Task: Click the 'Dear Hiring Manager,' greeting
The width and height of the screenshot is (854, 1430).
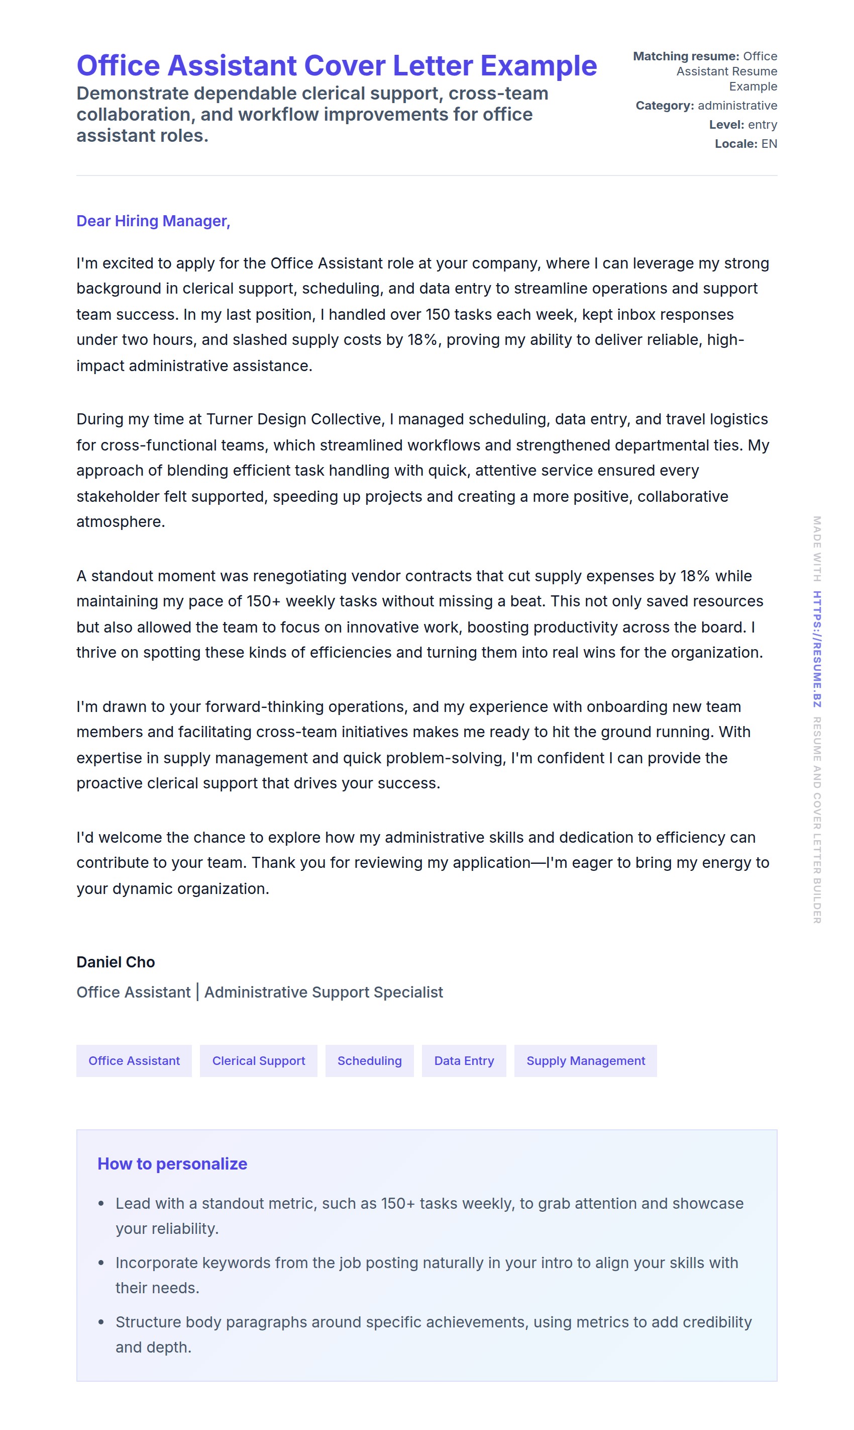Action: click(x=153, y=221)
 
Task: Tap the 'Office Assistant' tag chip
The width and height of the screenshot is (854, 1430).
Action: click(x=134, y=1060)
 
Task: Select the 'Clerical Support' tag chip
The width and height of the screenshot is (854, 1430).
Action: click(x=258, y=1060)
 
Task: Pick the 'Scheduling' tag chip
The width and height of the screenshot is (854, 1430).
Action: click(x=369, y=1060)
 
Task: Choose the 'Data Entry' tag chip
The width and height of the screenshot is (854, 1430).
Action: click(x=464, y=1060)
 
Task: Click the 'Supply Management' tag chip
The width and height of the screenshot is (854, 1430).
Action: click(x=585, y=1060)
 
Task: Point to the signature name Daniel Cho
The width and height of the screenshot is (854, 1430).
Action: click(x=116, y=962)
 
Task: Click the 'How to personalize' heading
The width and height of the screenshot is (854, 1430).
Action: click(x=172, y=1164)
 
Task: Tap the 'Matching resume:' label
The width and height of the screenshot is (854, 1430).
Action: click(x=685, y=56)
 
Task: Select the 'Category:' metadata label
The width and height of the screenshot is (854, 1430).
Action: click(x=665, y=106)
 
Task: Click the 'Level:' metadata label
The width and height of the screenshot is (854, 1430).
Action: click(x=726, y=125)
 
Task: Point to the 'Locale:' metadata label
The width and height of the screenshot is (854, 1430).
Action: click(x=736, y=144)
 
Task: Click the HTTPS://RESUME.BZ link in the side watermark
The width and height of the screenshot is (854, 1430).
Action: click(x=817, y=649)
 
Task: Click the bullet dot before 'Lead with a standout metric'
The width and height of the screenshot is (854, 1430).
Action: click(x=101, y=1204)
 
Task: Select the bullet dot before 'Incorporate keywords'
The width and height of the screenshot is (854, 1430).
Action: click(x=101, y=1263)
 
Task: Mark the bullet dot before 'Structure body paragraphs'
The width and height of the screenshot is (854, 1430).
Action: click(x=101, y=1322)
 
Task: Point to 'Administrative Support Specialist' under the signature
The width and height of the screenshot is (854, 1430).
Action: click(x=324, y=993)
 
